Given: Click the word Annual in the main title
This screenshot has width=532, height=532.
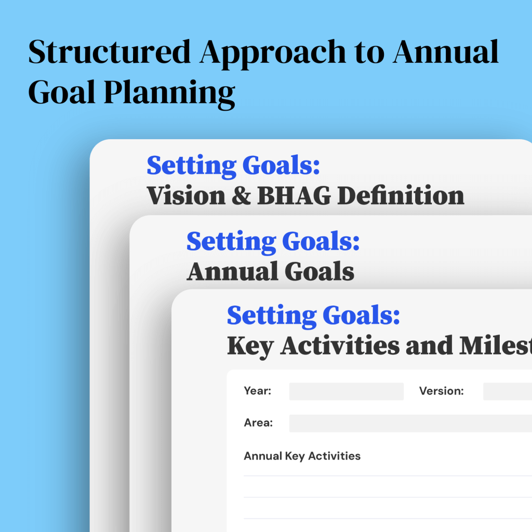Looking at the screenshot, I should [x=445, y=53].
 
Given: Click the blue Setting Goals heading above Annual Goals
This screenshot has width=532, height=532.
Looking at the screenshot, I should [x=273, y=242].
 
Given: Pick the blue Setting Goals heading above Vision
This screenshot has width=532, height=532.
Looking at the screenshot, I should [x=233, y=166].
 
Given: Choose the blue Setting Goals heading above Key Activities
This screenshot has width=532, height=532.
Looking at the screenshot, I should [x=313, y=315].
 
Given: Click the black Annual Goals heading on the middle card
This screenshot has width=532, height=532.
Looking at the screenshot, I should [x=270, y=272].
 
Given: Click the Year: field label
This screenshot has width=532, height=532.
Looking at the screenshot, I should [x=258, y=391].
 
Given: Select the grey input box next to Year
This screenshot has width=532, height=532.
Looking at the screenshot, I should [x=346, y=391].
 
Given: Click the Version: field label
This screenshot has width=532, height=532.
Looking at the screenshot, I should [x=441, y=391].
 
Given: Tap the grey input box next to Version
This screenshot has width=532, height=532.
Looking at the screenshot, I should [x=507, y=391].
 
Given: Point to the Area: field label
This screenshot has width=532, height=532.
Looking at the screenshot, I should [x=258, y=423].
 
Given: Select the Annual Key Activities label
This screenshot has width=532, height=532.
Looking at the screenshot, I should [x=302, y=456].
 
